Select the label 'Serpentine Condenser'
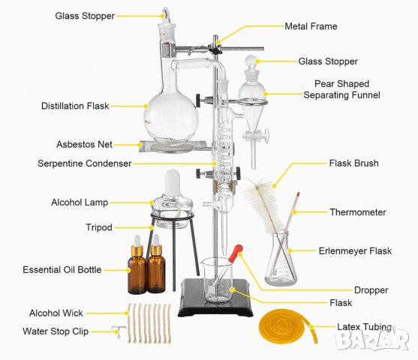tap(85, 163)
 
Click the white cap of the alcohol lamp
tap(172, 183)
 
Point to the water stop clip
tap(118, 331)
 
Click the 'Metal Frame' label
tap(311, 26)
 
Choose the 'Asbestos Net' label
tap(84, 145)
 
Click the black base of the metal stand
tap(215, 298)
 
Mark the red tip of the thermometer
tap(298, 194)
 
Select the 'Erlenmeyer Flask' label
tap(355, 250)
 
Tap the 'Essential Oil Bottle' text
tap(62, 270)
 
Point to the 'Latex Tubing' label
tap(365, 327)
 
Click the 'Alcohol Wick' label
tap(56, 313)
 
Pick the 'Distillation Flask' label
tap(75, 106)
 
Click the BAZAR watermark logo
tap(372, 339)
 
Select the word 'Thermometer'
tap(358, 212)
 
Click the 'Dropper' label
tap(371, 290)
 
